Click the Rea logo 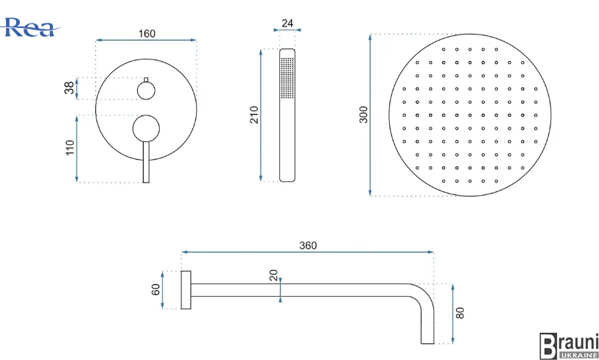[29, 27]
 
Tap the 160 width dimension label [147, 34]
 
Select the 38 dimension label [69, 88]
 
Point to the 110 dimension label [70, 148]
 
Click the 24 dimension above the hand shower [287, 24]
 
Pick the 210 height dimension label [254, 115]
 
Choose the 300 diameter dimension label [363, 115]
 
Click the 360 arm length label [308, 246]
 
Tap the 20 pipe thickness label [274, 275]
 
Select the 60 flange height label [155, 290]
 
